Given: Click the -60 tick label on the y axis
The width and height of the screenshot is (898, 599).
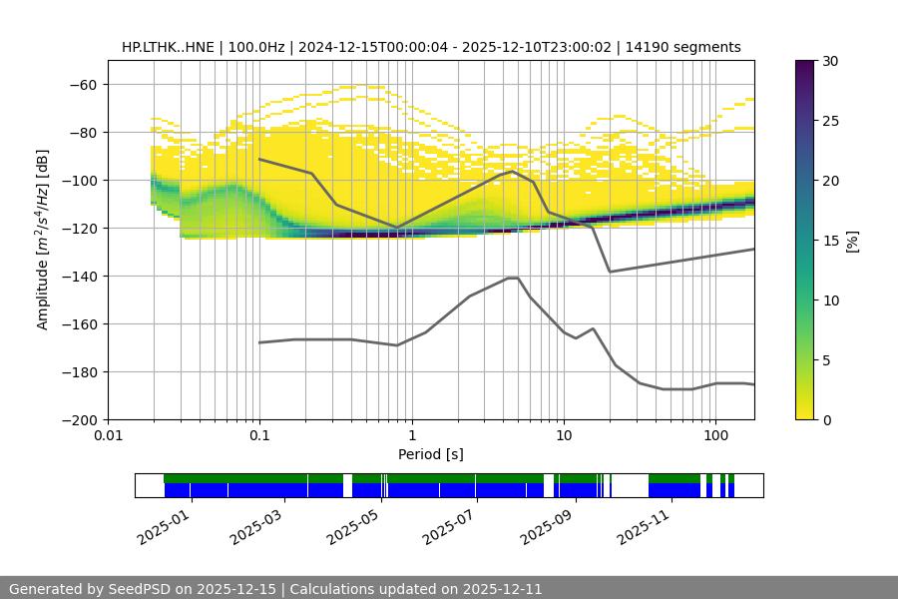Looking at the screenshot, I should [x=82, y=84].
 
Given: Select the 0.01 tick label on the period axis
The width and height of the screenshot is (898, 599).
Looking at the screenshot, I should [x=108, y=436].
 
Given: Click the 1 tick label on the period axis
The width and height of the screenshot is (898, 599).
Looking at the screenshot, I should [x=411, y=436].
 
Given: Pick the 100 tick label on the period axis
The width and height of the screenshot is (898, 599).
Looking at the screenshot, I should [x=714, y=436].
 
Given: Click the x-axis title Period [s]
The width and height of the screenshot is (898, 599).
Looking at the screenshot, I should [x=431, y=454].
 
